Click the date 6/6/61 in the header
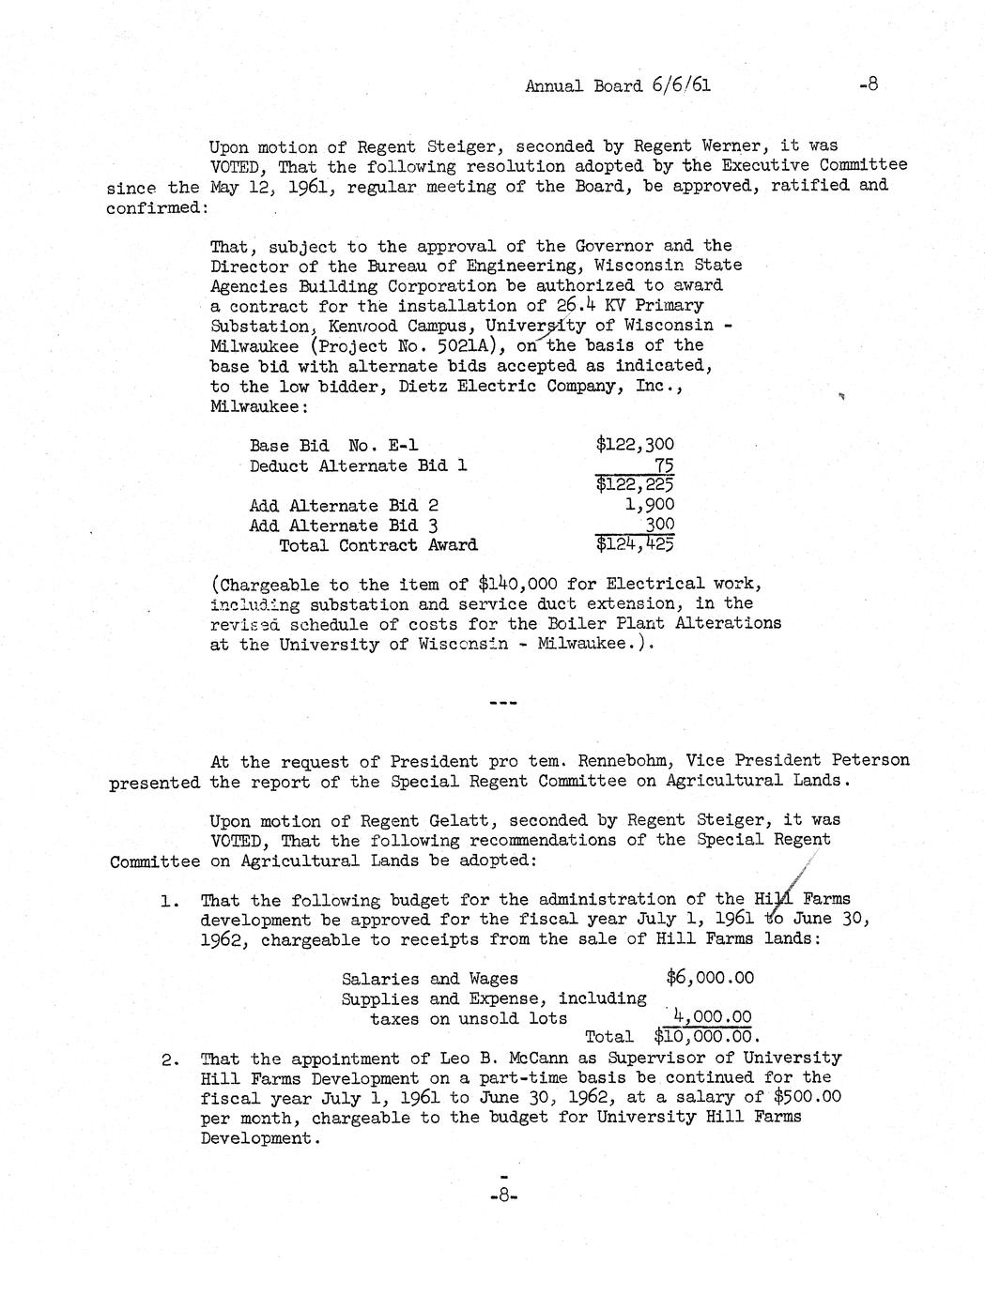679,85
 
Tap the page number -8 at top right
868,85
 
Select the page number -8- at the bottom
504,1196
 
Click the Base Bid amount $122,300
635,445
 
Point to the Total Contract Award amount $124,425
635,544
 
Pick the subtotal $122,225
635,484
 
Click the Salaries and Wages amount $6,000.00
710,978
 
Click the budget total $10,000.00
705,1037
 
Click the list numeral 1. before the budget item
170,901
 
